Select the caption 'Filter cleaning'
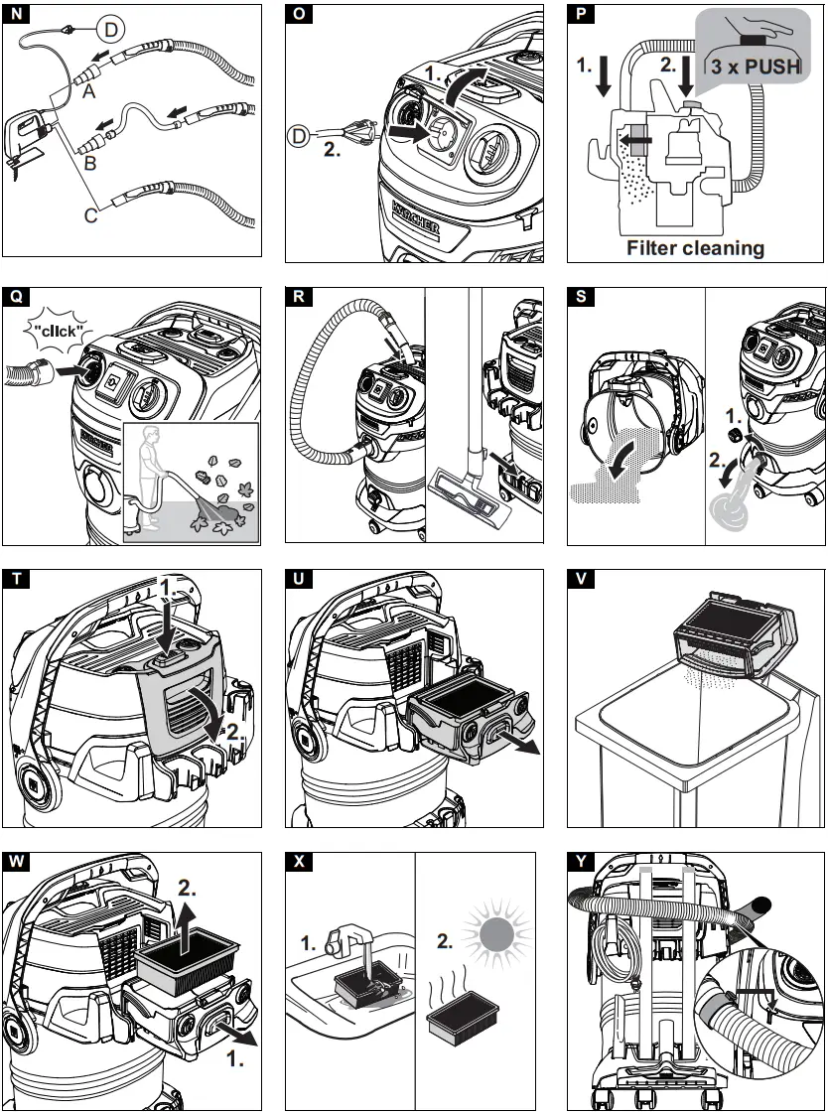[x=695, y=247]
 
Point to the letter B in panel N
[x=89, y=161]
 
